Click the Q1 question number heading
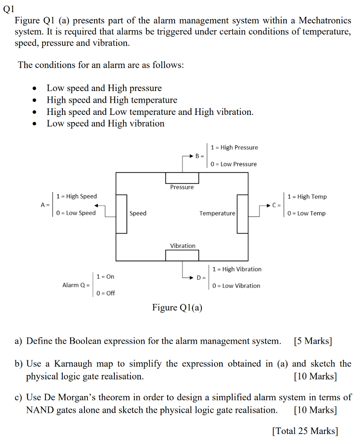[9, 8]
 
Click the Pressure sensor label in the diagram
[182, 187]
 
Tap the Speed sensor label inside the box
[138, 213]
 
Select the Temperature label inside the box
[217, 213]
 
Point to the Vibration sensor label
[182, 246]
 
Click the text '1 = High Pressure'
[234, 147]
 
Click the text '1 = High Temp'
[307, 196]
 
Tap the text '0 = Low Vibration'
[236, 286]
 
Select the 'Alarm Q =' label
[76, 285]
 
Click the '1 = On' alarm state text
[105, 277]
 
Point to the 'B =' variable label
[199, 156]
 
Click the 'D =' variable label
[201, 277]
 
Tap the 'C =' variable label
[277, 205]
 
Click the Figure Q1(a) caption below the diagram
[177, 308]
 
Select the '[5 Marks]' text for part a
[312, 341]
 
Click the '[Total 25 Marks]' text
[305, 431]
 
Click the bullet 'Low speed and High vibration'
[105, 124]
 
